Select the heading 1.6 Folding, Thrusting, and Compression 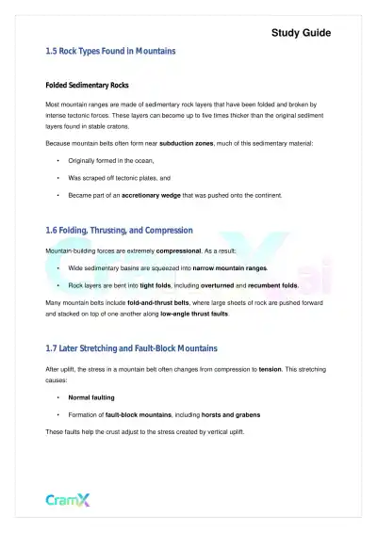click(x=119, y=230)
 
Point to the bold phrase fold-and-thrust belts click(x=161, y=302)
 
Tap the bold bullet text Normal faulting click(x=90, y=397)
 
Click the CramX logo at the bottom click(x=67, y=499)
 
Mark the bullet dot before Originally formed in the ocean click(x=58, y=162)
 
